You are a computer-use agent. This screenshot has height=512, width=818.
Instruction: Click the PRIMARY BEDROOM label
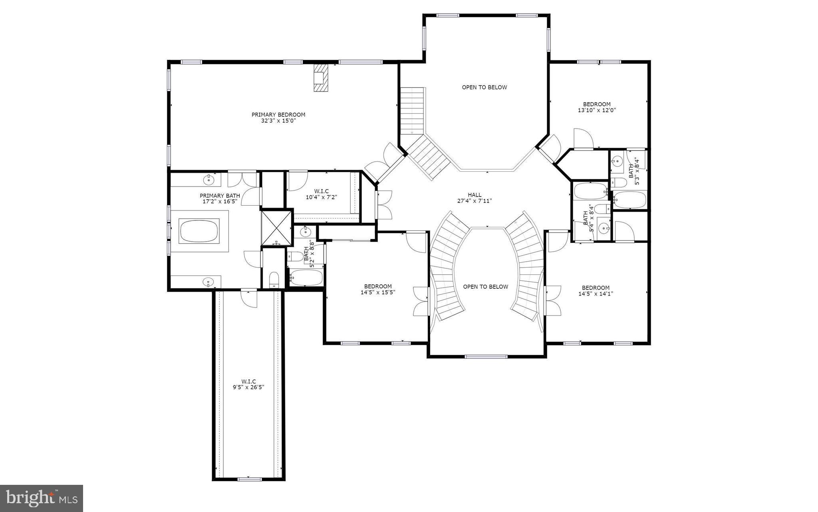pos(278,115)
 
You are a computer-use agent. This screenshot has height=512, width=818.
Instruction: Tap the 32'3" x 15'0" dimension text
pos(278,121)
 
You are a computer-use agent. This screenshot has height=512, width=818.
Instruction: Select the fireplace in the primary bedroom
pos(321,78)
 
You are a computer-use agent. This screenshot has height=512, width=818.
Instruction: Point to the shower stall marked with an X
pos(276,228)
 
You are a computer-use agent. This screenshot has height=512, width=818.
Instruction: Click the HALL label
pos(475,195)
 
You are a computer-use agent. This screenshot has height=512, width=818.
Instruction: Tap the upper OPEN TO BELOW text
pos(484,87)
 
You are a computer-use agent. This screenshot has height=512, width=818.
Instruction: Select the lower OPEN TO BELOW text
pos(485,287)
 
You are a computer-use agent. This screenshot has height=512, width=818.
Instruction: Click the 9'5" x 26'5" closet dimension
pos(248,387)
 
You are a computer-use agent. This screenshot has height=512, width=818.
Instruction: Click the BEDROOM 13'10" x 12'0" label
pos(597,107)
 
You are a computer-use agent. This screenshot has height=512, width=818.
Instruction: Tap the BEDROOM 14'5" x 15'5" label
pos(377,289)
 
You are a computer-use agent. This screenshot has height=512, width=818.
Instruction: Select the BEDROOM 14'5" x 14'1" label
pos(596,291)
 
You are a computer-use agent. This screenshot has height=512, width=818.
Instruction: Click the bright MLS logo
pos(42,498)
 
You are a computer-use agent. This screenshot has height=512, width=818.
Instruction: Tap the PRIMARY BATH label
pos(220,198)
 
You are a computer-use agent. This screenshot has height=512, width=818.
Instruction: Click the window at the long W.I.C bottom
pos(249,479)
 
